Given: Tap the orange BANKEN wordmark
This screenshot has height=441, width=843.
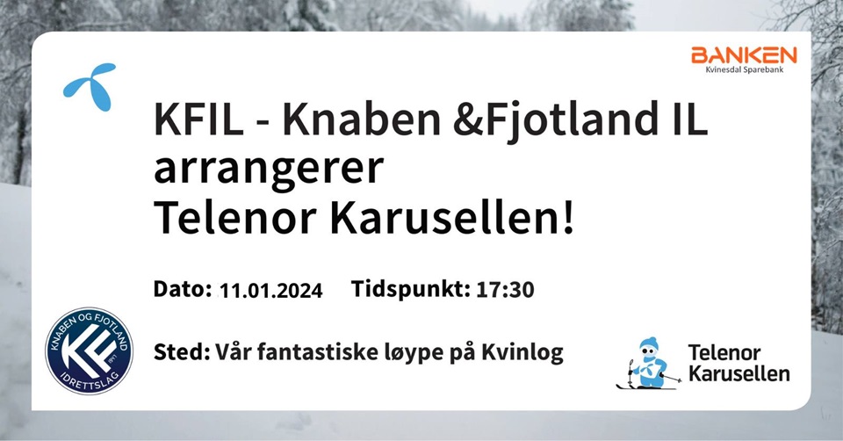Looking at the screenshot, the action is coord(744,54).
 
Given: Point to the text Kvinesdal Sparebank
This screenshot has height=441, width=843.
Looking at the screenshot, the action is coord(745,69).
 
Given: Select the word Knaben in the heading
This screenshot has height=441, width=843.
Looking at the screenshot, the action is coord(361,119).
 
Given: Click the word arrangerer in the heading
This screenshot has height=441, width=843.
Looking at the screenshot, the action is coord(269,170).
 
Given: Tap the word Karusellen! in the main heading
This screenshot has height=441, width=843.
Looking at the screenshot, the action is coord(452,219).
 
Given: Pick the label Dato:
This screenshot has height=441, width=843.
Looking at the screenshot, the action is coord(183,289).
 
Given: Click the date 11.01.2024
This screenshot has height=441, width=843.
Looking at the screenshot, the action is coord(271,291).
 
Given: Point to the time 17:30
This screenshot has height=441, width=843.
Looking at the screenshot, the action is coord(506,290).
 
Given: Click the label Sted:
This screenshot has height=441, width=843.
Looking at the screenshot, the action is coord(182,352).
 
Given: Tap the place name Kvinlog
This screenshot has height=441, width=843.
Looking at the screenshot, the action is coord(522,353).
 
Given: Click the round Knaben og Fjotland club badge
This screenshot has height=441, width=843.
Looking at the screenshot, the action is coord(90,351).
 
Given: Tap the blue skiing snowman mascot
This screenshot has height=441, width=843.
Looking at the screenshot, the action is coord(648,364).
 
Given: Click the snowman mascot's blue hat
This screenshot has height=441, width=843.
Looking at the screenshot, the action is coord(649,343).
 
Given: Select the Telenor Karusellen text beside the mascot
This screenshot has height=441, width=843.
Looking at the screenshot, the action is coord(739,363).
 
